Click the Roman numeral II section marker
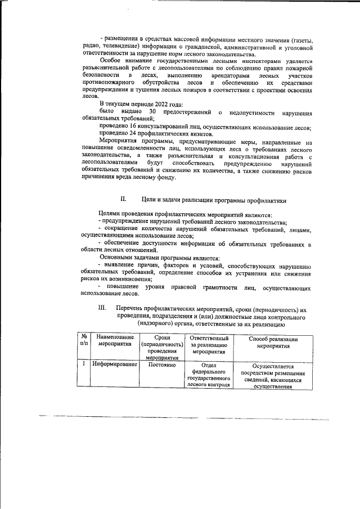(124, 199)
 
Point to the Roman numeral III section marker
(102, 309)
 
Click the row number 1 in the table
(83, 364)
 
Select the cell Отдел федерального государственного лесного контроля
(209, 375)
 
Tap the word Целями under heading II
(110, 215)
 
